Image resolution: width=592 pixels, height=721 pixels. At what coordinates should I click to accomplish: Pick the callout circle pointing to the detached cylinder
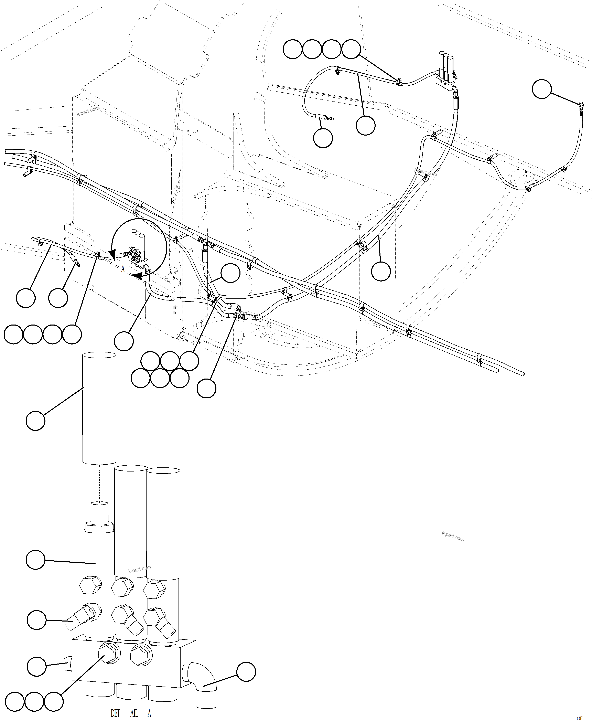[35, 421]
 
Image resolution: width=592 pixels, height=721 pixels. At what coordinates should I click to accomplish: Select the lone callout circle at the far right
[542, 89]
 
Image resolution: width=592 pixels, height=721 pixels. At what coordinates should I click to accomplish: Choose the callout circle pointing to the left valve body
[35, 559]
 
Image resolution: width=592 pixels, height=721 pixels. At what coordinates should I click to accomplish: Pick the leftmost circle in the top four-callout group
[293, 50]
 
